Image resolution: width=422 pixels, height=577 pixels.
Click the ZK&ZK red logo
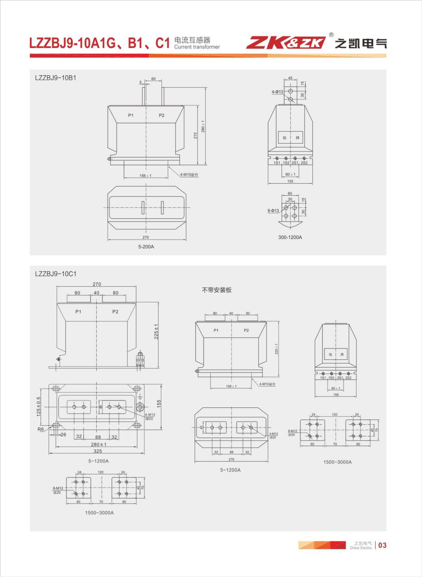[286, 43]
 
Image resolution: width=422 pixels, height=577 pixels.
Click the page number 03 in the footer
[382, 545]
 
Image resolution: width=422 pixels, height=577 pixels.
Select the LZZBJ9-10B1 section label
[56, 78]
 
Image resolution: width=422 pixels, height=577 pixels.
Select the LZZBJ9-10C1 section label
[56, 274]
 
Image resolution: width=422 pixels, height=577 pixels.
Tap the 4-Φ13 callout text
[277, 92]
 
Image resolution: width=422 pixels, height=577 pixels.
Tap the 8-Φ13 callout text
[273, 211]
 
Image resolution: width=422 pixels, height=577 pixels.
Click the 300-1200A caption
[290, 237]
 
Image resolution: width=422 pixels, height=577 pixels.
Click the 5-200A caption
[146, 246]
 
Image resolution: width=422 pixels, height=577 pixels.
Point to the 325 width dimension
[97, 451]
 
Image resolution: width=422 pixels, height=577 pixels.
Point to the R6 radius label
[41, 429]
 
